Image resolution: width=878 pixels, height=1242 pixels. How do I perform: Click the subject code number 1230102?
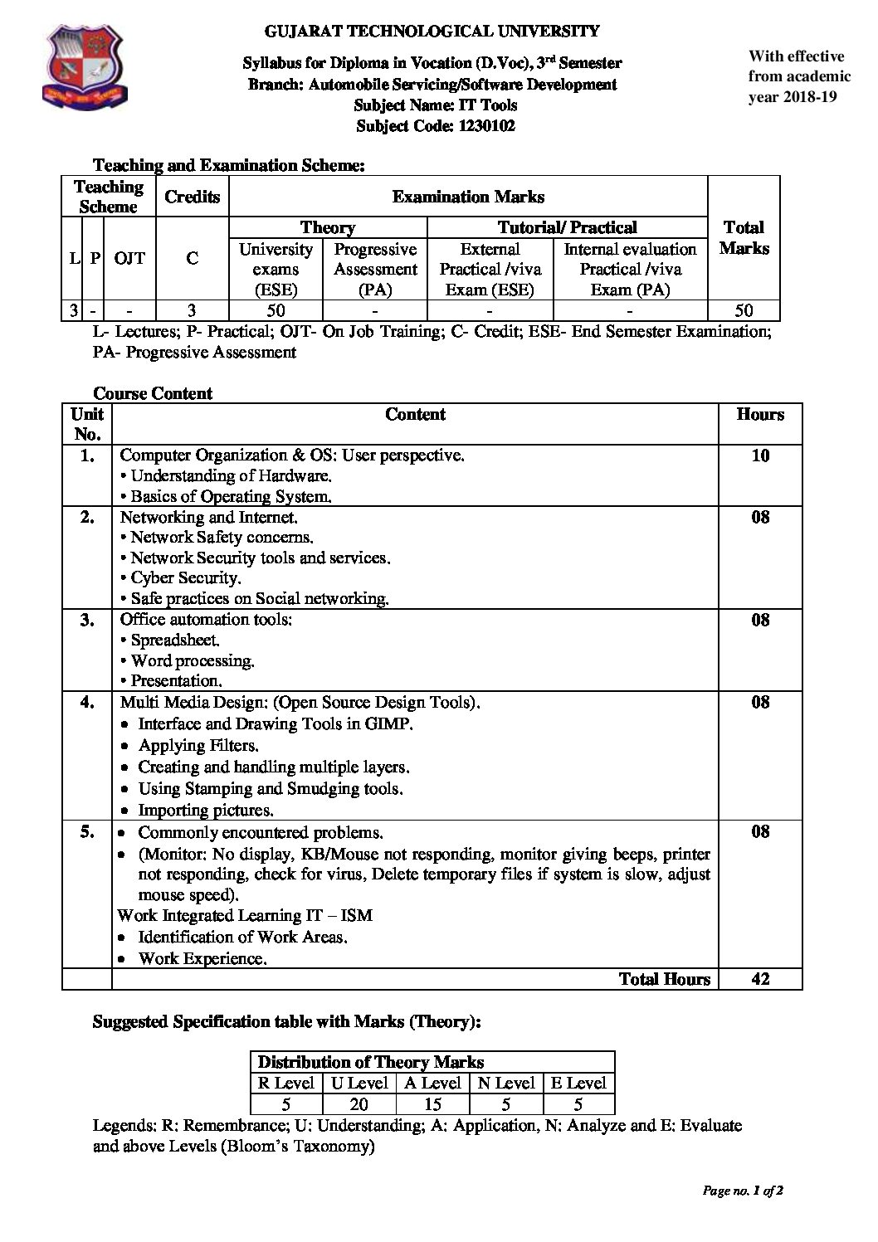486,126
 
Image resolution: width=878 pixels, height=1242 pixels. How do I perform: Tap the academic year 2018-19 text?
793,96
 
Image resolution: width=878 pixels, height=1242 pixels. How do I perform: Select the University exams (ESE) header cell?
276,269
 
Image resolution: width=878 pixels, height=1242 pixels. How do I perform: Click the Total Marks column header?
744,237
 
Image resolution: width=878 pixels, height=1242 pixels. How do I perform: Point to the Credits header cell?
193,197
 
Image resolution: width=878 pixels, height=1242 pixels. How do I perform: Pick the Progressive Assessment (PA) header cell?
375,269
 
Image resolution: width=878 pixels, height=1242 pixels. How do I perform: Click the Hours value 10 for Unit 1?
760,455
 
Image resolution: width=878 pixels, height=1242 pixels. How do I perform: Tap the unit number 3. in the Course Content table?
87,620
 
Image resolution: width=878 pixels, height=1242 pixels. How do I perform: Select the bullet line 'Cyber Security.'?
185,578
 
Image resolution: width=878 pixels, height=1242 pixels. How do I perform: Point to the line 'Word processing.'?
193,661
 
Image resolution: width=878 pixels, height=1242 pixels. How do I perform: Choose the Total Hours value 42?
760,979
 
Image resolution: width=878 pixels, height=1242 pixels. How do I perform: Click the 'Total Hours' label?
665,979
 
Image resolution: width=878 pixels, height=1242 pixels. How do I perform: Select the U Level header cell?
359,1083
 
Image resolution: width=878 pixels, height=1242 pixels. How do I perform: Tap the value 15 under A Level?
432,1104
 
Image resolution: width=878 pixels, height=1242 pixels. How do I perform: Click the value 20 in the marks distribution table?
359,1104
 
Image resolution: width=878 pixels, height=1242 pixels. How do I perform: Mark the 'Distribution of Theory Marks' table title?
370,1062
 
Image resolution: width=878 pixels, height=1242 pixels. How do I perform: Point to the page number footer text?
743,1191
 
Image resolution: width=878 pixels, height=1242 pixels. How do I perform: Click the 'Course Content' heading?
153,393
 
